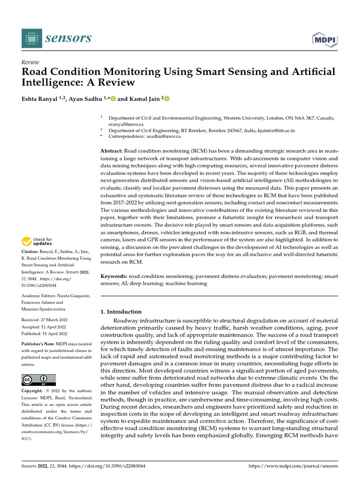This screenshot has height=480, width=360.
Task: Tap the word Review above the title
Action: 30,62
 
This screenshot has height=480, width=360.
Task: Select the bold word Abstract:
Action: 112,150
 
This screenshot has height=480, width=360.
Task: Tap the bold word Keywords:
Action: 114,277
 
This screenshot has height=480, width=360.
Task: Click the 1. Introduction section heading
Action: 121,312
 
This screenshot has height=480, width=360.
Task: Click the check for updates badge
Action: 38,242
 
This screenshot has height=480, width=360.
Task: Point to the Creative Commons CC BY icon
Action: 38,380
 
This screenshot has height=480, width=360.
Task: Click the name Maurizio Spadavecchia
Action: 45,309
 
